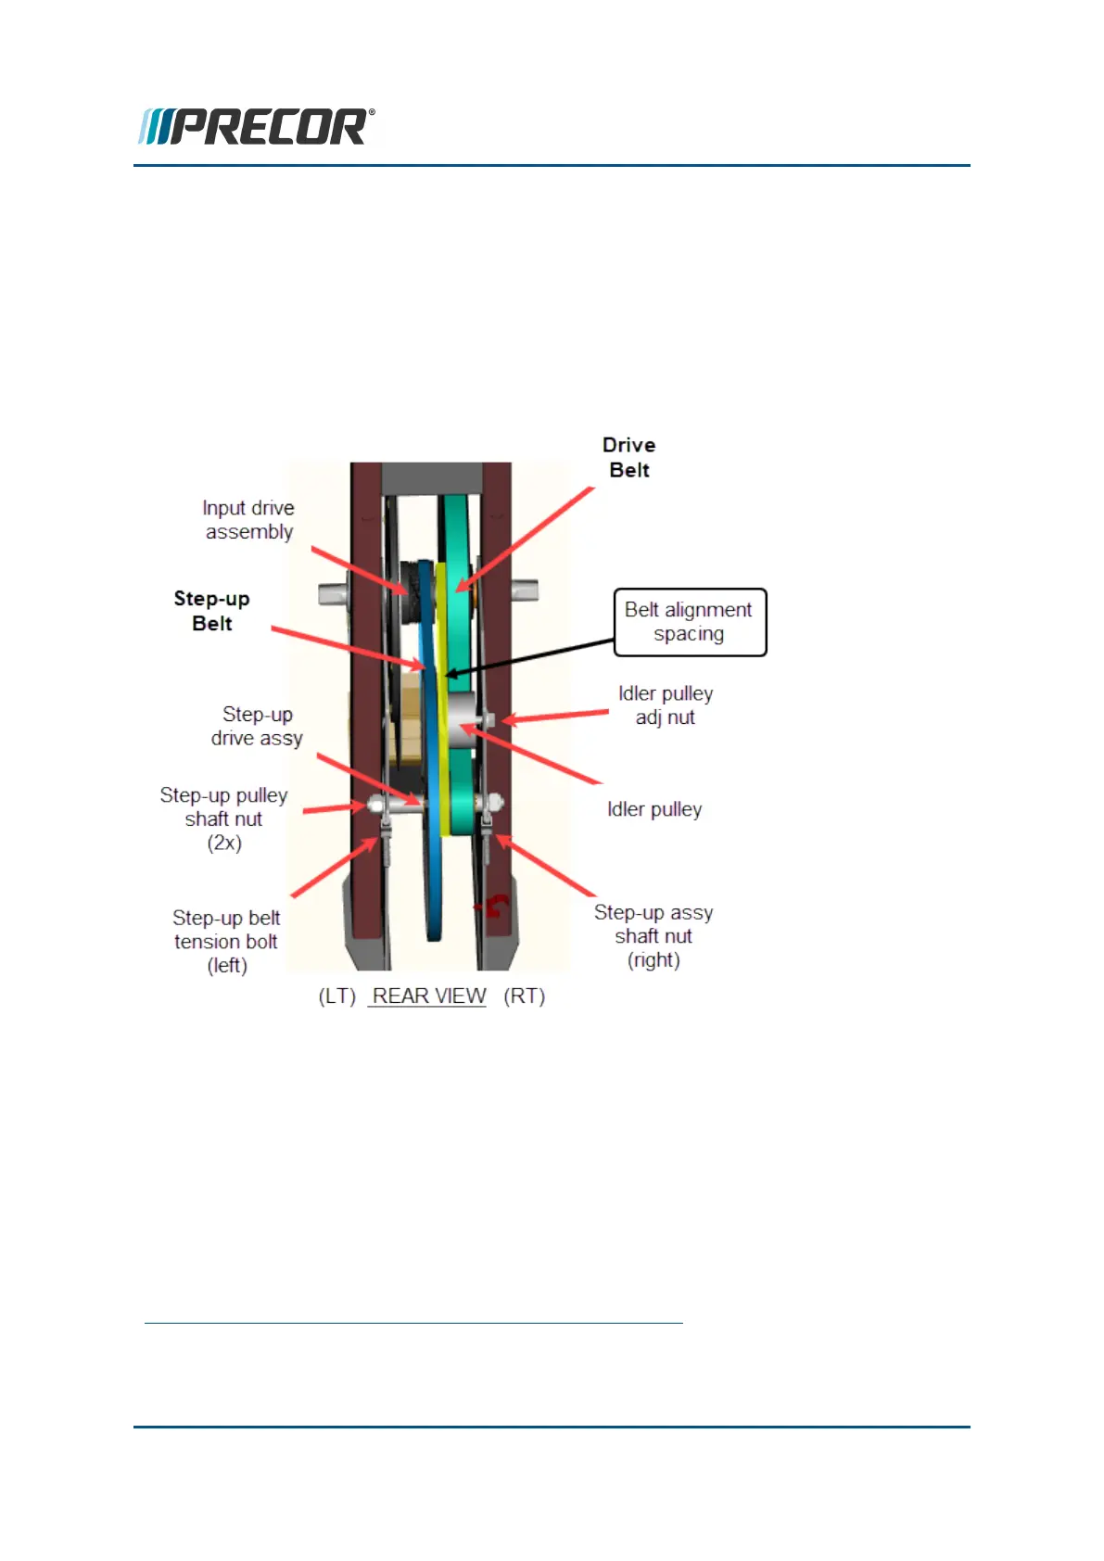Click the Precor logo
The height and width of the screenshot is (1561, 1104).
257,127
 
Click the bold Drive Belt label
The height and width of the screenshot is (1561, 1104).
628,458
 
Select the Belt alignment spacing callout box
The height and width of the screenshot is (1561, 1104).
690,622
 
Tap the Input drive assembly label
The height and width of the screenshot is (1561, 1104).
248,520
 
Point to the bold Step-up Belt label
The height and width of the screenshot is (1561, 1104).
211,611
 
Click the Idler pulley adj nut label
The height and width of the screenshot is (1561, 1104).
666,705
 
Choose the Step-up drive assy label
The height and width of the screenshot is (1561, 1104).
257,727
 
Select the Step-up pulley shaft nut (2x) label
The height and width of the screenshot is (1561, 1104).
223,819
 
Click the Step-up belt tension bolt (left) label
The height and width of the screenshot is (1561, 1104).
226,942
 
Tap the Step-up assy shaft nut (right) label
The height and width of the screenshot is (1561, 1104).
654,936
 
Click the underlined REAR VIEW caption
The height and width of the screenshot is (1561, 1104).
428,996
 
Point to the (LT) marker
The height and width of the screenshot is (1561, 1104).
337,996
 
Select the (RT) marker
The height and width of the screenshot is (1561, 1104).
524,996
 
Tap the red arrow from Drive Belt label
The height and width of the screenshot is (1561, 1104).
525,539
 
